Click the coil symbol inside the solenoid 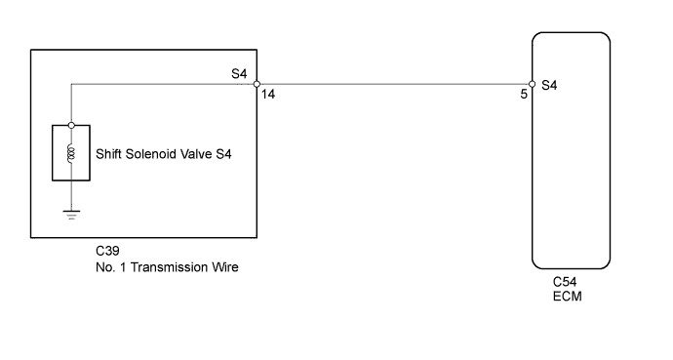click(71, 153)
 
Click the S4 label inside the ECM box click(548, 85)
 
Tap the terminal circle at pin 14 click(256, 84)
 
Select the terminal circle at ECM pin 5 click(532, 84)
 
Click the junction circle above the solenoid click(71, 125)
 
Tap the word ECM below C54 click(566, 298)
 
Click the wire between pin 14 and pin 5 click(390, 84)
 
